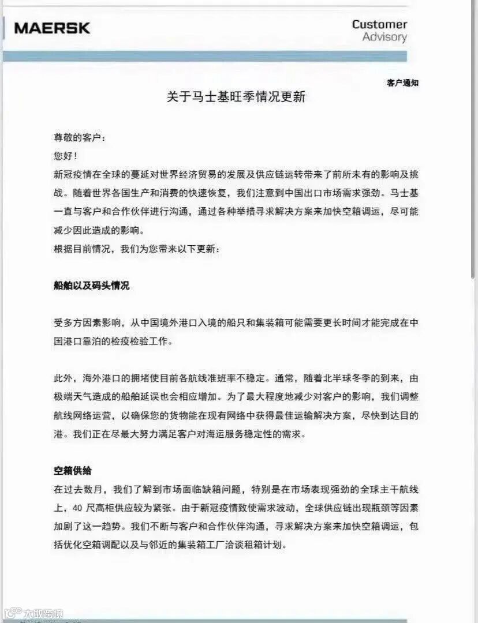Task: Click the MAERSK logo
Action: tap(52, 28)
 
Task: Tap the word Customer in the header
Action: tap(379, 24)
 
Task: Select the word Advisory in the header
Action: tap(384, 37)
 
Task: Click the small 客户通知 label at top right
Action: tap(402, 83)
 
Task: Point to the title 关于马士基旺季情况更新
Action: tap(236, 97)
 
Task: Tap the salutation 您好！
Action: tap(65, 156)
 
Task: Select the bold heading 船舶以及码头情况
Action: tap(91, 286)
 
